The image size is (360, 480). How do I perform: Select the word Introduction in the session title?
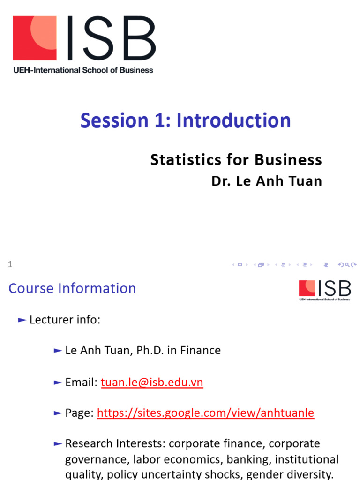tap(233, 120)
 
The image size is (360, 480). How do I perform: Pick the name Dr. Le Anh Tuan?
tap(267, 181)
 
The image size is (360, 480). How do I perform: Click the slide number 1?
tap(10, 265)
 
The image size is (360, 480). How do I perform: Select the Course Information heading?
tap(72, 288)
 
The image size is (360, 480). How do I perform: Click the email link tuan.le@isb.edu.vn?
tap(152, 382)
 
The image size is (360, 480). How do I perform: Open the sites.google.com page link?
tap(205, 413)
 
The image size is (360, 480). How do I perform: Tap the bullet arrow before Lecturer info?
tap(22, 320)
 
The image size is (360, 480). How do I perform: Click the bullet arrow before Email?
tap(58, 382)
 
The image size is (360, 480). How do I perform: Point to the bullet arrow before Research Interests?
tap(58, 443)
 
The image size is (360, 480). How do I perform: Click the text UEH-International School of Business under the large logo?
tap(83, 70)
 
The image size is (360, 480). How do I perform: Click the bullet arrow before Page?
tap(58, 413)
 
